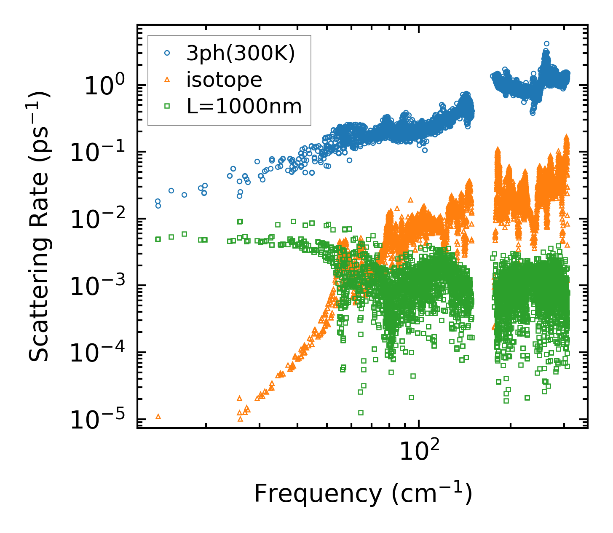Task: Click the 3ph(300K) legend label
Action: tap(241, 54)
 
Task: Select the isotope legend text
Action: tap(224, 80)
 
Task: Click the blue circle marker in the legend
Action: tap(167, 54)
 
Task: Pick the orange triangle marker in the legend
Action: tap(167, 80)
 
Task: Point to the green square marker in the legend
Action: tap(167, 106)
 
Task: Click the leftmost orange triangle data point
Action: tap(158, 416)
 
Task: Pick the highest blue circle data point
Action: tap(546, 43)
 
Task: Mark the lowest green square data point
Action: tap(361, 412)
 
